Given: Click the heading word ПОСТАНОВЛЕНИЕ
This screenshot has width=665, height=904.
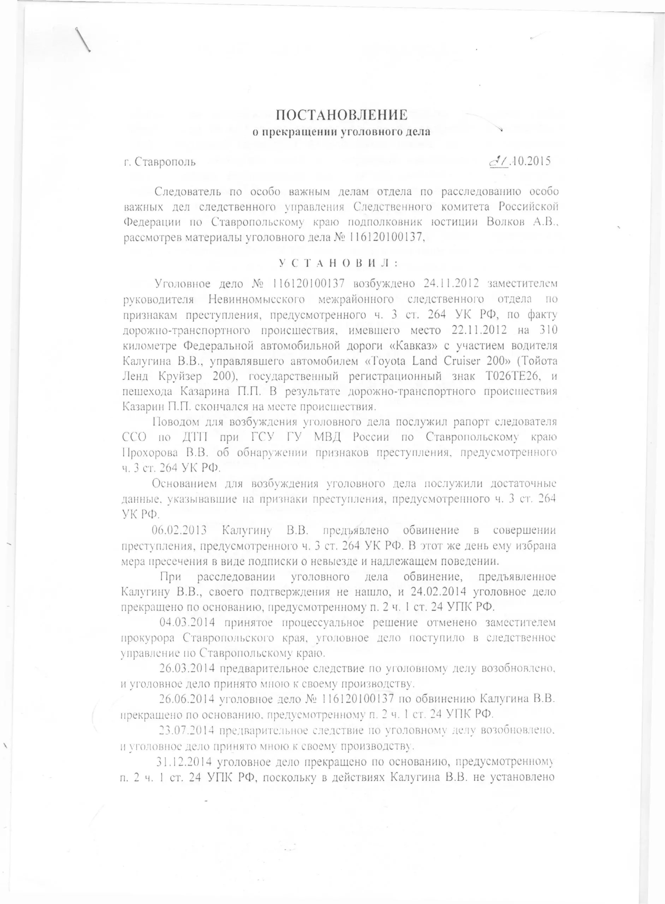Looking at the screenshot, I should pos(342,115).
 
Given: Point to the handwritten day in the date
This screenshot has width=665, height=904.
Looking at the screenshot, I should pos(498,162).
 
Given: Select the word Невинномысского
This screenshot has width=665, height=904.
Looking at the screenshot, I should pos(259,299).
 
